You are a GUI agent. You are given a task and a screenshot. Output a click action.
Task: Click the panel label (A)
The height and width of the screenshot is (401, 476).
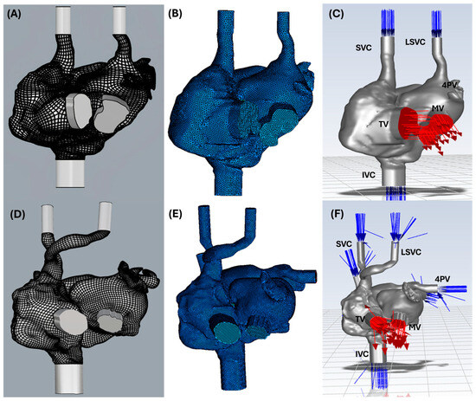[14, 14]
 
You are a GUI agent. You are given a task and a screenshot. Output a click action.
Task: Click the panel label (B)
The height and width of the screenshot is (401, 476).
[175, 14]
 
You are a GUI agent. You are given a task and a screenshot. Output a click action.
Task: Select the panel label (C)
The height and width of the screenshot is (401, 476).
[337, 14]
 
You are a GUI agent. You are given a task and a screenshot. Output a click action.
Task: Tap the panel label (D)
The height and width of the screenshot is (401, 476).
[17, 214]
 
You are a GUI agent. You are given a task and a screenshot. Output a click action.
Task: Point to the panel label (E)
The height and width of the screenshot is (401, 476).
[175, 214]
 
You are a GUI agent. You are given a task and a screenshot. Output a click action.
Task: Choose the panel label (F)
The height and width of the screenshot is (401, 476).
[337, 214]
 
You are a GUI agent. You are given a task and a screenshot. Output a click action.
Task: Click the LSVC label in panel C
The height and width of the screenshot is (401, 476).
[415, 42]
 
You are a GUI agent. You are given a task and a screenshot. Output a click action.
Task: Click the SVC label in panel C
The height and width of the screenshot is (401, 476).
[363, 48]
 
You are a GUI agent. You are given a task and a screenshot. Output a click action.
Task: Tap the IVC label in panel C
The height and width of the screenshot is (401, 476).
[369, 175]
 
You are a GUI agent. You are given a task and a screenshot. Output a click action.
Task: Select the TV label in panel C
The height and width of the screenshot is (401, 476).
[383, 124]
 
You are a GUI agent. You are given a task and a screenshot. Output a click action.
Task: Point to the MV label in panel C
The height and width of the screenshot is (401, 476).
[437, 108]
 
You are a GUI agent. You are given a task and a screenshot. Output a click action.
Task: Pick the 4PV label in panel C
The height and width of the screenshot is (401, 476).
[449, 86]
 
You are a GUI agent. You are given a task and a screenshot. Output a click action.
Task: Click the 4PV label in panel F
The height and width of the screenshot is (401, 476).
[442, 279]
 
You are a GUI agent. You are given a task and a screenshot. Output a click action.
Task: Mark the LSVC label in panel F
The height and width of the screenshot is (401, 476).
[411, 252]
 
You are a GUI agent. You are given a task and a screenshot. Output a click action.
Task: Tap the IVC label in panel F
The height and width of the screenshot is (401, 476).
[362, 354]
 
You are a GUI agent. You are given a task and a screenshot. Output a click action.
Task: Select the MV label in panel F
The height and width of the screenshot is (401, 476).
[415, 327]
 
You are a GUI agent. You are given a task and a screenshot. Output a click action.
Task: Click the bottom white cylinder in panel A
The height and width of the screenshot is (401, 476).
[70, 173]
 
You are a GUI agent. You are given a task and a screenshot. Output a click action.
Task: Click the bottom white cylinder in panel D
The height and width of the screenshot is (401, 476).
[68, 378]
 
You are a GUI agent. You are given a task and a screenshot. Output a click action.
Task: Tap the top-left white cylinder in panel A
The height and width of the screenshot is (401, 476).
[63, 20]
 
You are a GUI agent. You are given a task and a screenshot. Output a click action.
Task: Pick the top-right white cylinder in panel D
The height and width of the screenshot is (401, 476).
[105, 216]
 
